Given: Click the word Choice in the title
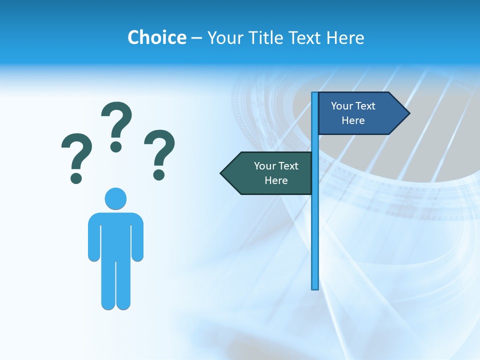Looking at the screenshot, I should (x=156, y=37).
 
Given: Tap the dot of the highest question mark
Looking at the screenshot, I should (x=116, y=146).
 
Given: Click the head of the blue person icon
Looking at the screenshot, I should (x=115, y=198).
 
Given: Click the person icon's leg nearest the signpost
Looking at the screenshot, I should (x=123, y=285).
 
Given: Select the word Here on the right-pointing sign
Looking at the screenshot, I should (x=353, y=120).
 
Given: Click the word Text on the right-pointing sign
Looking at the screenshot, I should (x=365, y=106).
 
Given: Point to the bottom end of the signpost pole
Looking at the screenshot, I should (x=315, y=287).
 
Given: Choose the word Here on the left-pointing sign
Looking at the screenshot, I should (x=276, y=180).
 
